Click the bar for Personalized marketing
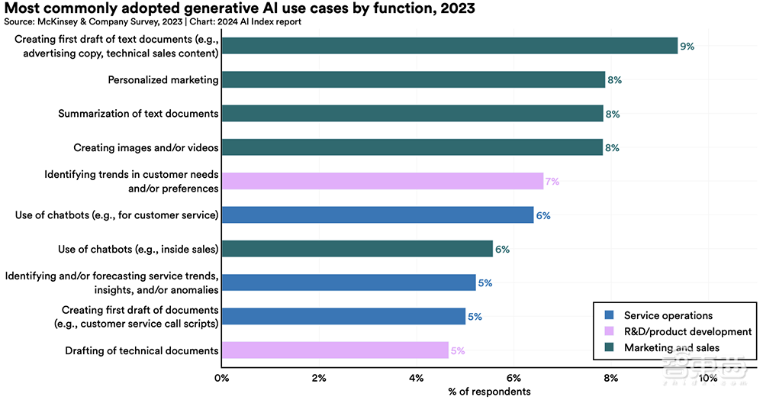point(413,79)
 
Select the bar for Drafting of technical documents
point(335,350)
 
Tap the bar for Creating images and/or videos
point(412,147)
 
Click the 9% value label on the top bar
point(687,47)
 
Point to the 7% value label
point(552,182)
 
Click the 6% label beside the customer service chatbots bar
point(543,215)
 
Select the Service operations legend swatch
point(608,315)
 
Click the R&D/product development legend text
point(687,331)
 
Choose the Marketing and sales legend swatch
point(608,348)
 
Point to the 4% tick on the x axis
point(417,379)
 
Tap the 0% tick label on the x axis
point(222,379)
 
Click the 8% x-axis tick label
point(611,379)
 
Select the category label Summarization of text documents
point(138,114)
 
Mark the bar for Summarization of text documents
point(412,114)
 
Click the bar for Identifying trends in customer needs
point(382,182)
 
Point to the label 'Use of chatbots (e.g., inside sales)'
point(138,249)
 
